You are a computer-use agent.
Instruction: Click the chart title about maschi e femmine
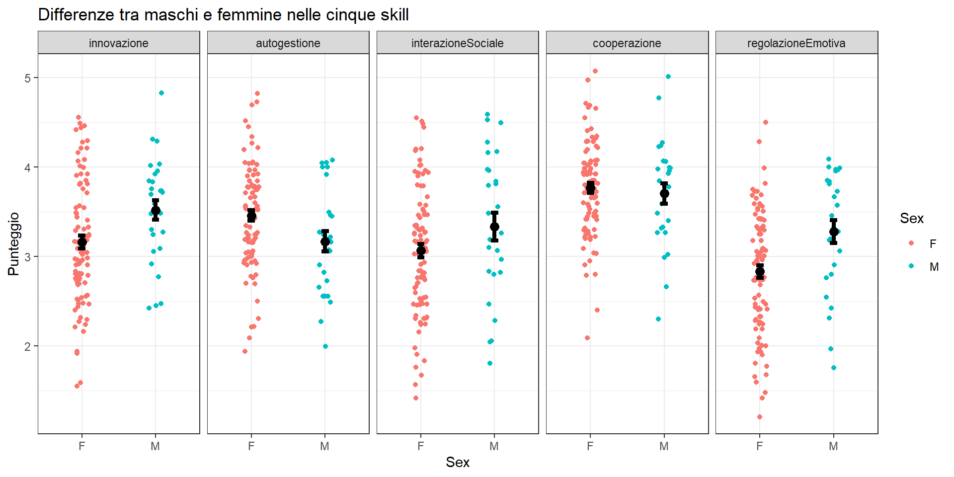223,15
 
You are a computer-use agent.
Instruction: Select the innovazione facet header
119,43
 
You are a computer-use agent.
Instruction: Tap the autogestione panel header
288,43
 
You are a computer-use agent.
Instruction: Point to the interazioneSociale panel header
458,43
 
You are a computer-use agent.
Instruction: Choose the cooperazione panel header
627,43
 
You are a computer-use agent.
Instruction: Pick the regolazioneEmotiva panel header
796,43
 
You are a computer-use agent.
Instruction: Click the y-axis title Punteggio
13,243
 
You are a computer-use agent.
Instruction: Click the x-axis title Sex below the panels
458,463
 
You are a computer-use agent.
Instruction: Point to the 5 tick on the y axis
27,78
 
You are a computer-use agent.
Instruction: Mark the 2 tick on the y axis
27,346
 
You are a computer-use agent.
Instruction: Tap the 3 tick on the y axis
27,257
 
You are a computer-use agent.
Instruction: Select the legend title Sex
912,219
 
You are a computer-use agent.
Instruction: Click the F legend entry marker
911,243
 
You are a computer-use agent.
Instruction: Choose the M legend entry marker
911,266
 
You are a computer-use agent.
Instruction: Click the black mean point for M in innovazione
156,210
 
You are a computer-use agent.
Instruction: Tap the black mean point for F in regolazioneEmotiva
760,271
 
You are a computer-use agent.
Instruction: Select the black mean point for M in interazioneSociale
494,227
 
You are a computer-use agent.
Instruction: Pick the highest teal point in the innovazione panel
161,93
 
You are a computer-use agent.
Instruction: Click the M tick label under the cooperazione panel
664,446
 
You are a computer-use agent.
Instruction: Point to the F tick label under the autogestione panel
251,446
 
